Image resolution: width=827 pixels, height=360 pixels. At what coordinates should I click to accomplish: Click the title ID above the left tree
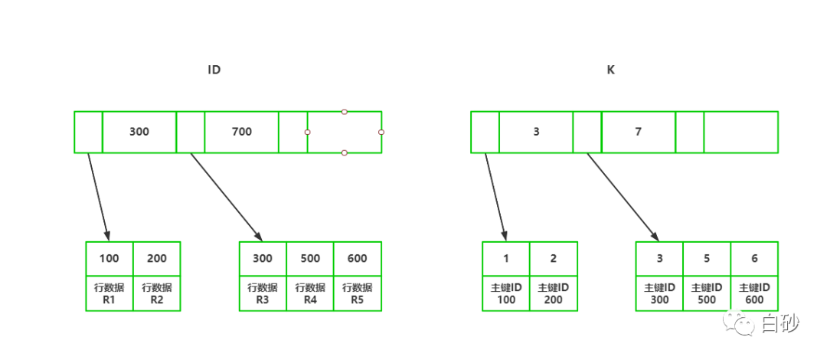(214, 70)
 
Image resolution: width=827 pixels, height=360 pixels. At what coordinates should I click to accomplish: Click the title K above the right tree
(611, 70)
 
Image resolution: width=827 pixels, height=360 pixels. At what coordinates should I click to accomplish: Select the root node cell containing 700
(241, 132)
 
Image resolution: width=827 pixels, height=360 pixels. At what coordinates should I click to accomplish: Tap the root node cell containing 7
(638, 132)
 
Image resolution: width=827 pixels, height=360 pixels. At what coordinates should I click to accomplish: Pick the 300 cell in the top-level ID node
(139, 132)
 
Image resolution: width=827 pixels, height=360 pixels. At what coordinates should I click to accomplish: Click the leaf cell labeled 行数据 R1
(110, 293)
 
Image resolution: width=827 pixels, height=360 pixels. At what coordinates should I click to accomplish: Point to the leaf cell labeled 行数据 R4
(310, 293)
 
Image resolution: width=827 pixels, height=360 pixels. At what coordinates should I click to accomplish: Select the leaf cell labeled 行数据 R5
(358, 293)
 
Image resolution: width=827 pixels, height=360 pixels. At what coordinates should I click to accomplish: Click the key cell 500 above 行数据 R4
(310, 259)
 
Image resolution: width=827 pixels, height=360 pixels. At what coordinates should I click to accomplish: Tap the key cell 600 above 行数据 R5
(358, 259)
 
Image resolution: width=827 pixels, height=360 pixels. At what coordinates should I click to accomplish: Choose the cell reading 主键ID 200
(554, 293)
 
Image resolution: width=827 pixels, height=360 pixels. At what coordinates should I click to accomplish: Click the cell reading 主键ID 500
(707, 293)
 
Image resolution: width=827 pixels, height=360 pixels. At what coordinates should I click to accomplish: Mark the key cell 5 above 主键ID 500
(707, 259)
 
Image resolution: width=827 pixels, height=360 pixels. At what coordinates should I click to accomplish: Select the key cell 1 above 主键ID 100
(506, 259)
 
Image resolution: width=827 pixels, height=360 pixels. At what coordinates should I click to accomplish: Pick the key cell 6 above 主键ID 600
(754, 259)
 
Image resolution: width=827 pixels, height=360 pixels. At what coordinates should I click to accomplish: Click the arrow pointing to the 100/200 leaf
(99, 196)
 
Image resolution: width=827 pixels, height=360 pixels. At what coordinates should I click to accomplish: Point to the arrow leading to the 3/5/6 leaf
(623, 196)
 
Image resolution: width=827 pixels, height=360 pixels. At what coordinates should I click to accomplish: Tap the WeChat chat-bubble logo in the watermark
(740, 323)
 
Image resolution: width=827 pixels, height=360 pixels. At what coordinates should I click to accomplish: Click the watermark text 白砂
(780, 323)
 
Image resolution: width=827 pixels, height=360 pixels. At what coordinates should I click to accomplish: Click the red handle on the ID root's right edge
(381, 132)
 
